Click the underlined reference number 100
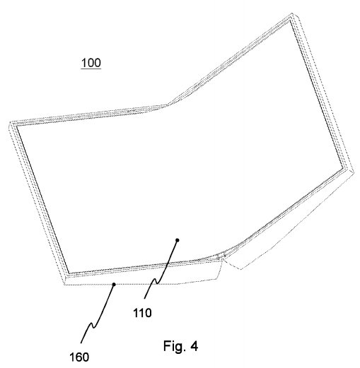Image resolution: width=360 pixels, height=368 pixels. [91, 63]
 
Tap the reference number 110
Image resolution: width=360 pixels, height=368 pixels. [142, 313]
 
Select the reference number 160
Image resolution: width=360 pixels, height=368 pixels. [79, 357]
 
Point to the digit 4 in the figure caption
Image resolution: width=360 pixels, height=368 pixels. [194, 346]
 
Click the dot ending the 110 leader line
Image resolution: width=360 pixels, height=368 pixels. [178, 240]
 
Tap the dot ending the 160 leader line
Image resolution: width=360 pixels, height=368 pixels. [114, 285]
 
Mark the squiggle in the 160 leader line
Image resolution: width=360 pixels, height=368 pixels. [93, 325]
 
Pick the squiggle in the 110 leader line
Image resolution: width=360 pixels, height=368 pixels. [156, 281]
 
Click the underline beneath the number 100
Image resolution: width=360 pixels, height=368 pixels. [91, 69]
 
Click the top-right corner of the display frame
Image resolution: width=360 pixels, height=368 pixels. [292, 14]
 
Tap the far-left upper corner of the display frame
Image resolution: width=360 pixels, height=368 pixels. [11, 122]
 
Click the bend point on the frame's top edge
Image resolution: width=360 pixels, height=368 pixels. [168, 105]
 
